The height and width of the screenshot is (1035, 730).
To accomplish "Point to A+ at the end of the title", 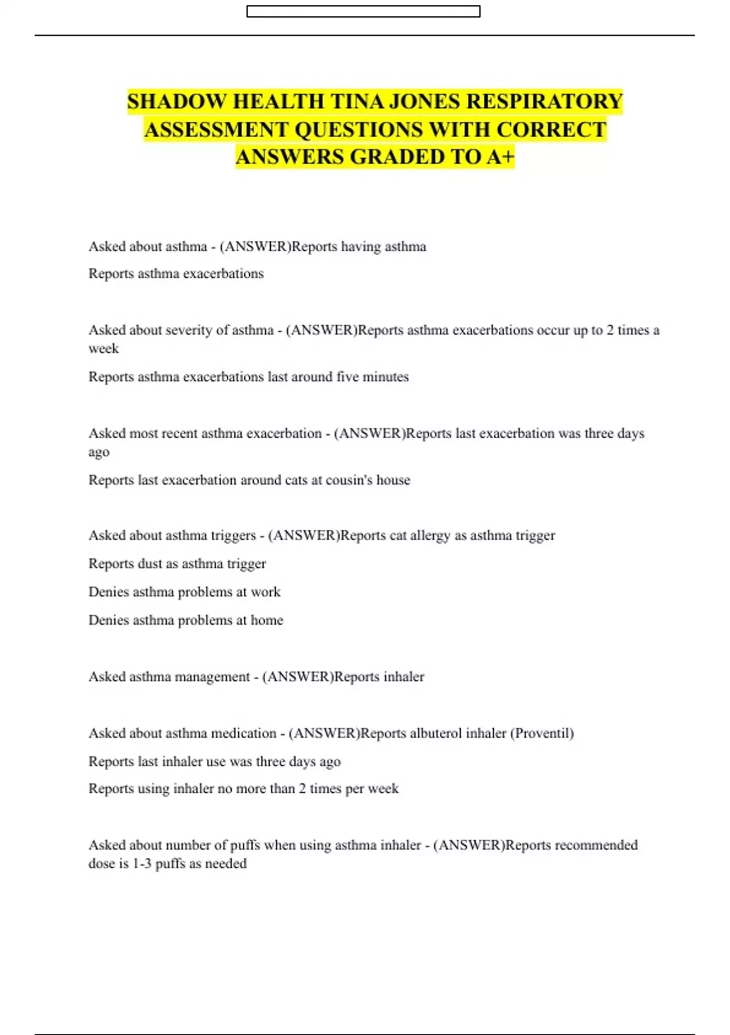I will (x=500, y=157).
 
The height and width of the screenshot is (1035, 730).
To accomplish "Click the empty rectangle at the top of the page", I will (x=363, y=12).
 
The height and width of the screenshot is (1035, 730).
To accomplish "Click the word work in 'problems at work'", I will (x=265, y=592).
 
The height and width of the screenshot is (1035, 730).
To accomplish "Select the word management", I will (x=212, y=677).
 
